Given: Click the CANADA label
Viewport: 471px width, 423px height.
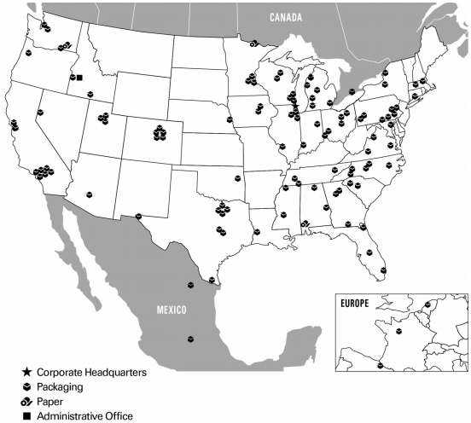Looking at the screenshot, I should (288, 17).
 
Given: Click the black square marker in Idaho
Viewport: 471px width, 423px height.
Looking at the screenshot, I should (79, 78).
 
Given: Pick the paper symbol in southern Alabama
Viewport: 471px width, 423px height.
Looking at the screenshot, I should (305, 224).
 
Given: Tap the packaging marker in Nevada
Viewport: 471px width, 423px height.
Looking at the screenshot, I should (38, 115).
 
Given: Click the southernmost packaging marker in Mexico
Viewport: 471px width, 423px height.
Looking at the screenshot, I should (189, 338).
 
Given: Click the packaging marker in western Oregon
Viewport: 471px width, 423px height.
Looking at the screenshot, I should (29, 53).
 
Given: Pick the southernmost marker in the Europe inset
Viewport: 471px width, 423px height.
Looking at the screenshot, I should (381, 365).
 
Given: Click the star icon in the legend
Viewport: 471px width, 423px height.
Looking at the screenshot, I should (27, 373).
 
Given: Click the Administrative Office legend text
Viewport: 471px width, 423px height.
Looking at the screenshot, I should (85, 415).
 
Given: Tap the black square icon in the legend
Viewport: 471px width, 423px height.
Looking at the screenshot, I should (27, 415).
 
